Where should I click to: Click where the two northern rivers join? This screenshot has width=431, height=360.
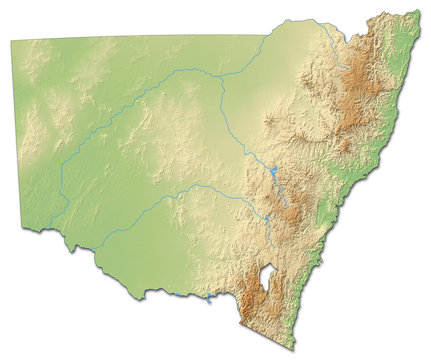pos(221,81)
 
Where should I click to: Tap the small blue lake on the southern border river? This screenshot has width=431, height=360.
pos(208,297)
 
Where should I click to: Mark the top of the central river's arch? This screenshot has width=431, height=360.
pos(195,185)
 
